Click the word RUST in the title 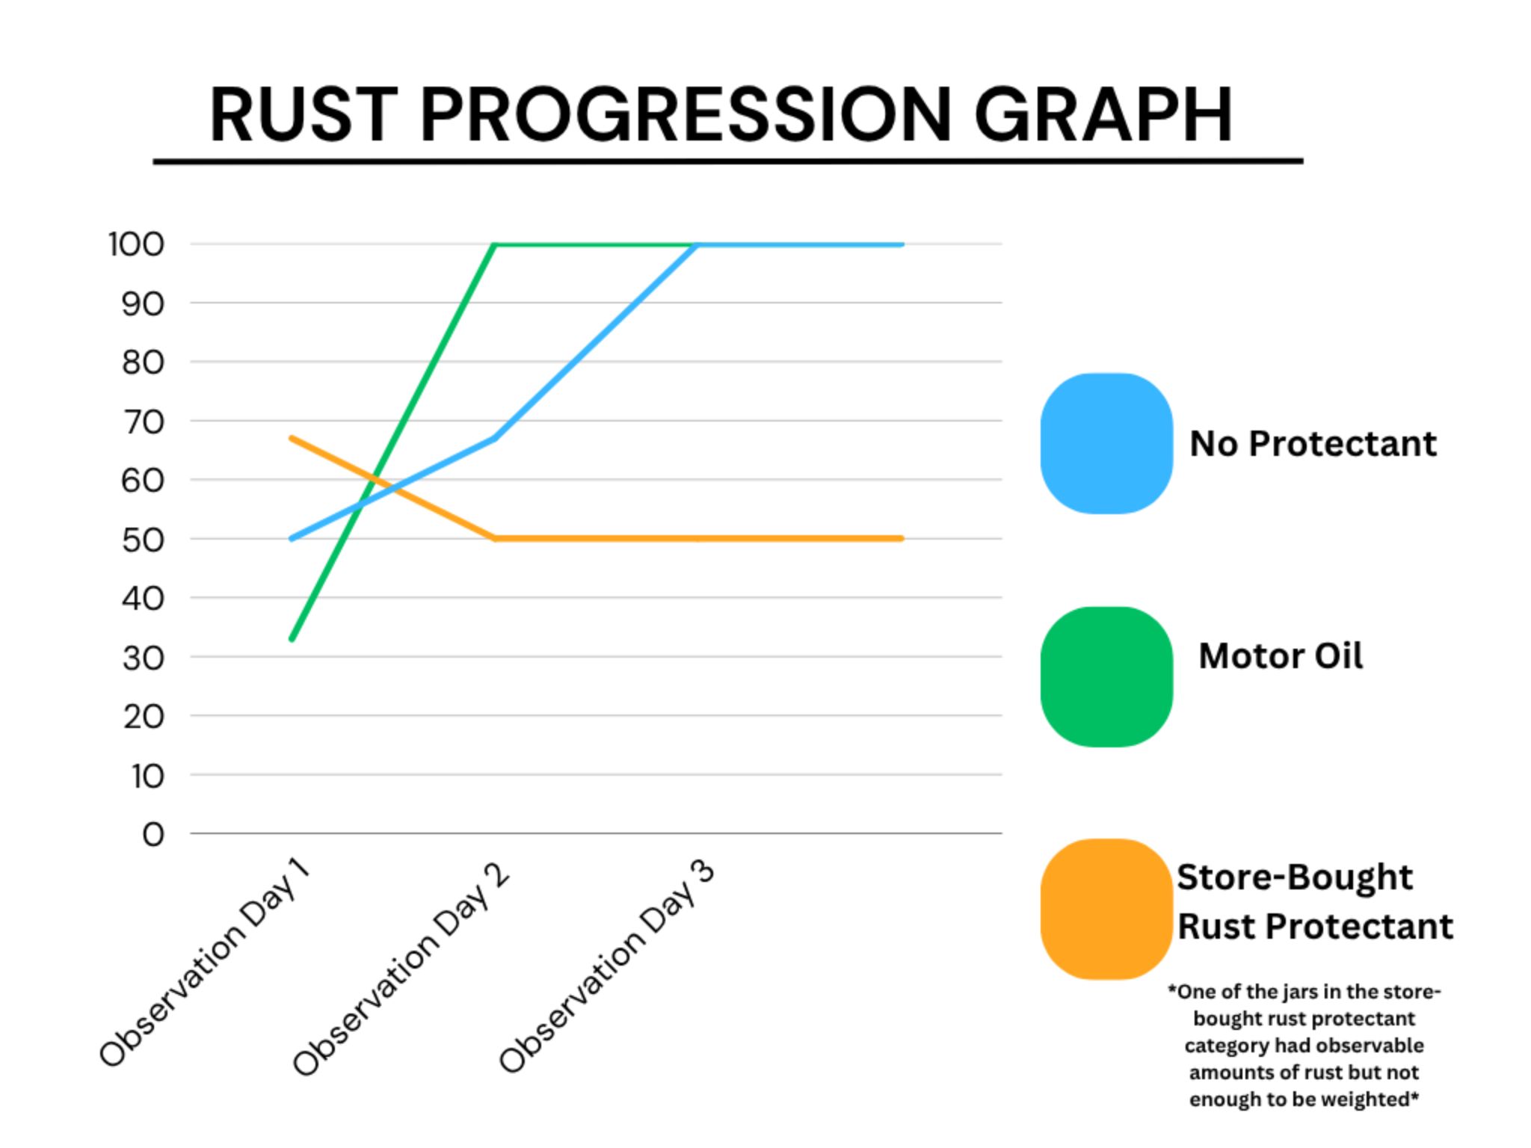tap(303, 114)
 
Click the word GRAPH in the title tap(1103, 114)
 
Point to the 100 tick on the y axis tap(136, 244)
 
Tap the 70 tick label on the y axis tap(142, 422)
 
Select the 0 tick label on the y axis tap(153, 834)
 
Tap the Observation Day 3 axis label tap(607, 967)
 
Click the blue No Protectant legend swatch tap(1106, 443)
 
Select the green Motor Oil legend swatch tap(1106, 676)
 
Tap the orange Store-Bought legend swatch tap(1106, 909)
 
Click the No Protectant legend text tap(1313, 443)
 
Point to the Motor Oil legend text tap(1281, 655)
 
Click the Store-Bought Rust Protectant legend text tap(1315, 901)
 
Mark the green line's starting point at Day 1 tap(292, 639)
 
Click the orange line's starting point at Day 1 tap(292, 438)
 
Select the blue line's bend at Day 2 tap(495, 438)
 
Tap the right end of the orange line tap(902, 538)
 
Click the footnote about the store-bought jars tap(1304, 1046)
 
